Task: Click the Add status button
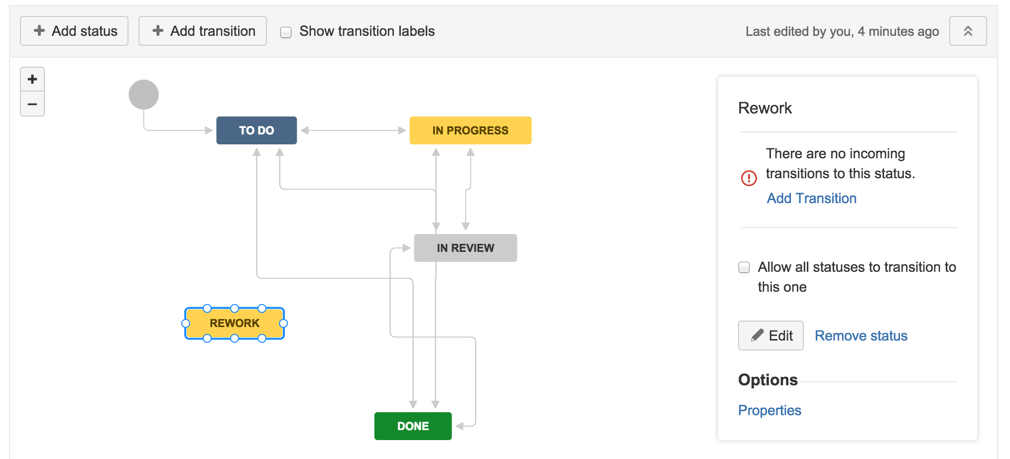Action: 74,31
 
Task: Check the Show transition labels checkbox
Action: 286,32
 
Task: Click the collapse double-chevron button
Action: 968,31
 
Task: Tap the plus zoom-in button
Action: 32,79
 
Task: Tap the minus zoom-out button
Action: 32,104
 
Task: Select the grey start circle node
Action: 144,95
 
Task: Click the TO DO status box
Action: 256,130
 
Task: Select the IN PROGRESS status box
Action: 471,130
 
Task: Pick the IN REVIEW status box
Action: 466,248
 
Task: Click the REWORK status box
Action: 235,323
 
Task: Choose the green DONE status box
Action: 413,426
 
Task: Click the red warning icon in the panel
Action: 749,178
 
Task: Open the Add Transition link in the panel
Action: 812,198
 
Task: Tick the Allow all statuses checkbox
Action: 744,267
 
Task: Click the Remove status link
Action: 861,336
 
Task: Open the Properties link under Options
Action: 769,410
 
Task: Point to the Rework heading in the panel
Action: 765,108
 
